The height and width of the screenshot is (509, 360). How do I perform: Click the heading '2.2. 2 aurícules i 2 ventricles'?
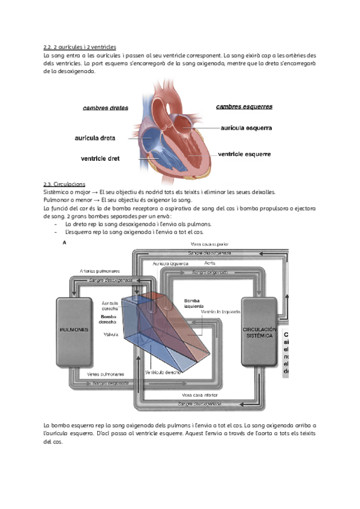pos(80,46)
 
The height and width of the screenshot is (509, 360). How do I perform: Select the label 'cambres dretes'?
pos(105,108)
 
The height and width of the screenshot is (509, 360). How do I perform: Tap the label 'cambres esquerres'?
pos(244,107)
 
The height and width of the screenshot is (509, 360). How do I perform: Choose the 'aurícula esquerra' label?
pos(246,128)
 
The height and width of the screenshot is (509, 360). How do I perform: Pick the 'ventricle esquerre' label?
pos(244,154)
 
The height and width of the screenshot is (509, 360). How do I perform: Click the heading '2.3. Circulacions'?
pos(64,184)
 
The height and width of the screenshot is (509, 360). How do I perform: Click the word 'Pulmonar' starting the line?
pos(56,200)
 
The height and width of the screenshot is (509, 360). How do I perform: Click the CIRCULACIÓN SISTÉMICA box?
pos(259,332)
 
